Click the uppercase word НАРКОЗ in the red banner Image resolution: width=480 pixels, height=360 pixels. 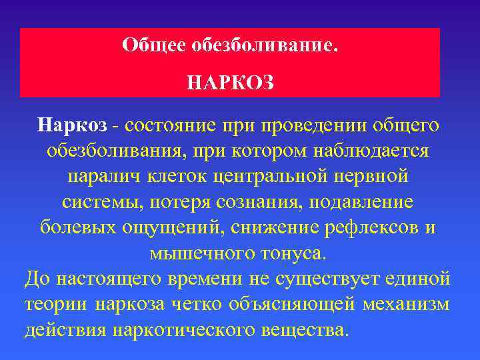click(x=230, y=83)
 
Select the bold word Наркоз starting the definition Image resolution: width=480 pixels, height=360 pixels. click(x=69, y=125)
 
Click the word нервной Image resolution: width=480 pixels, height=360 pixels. click(x=371, y=176)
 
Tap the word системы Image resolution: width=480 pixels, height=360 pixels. click(x=101, y=202)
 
